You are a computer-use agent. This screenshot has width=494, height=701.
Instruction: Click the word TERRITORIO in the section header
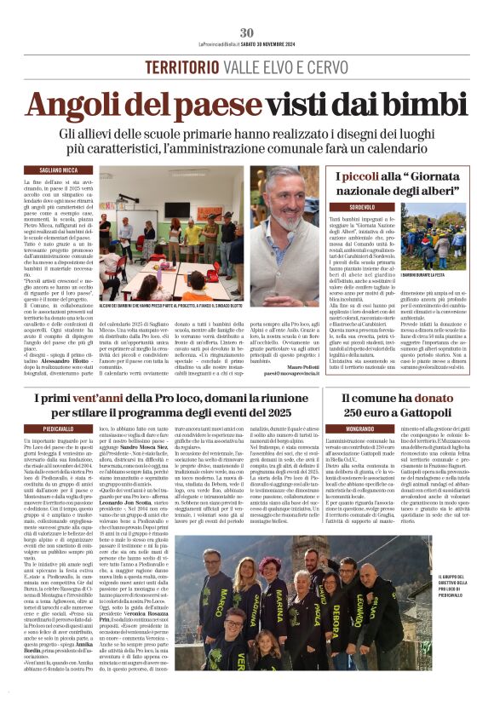(x=179, y=67)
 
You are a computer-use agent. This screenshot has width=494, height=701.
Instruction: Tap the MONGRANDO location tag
(x=336, y=428)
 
